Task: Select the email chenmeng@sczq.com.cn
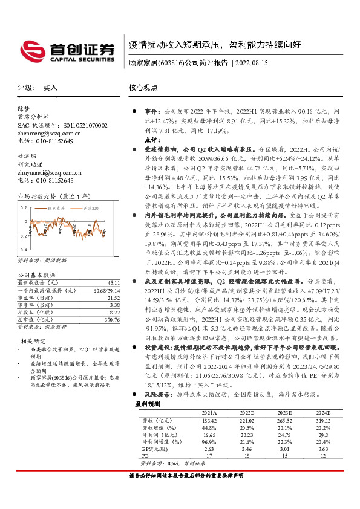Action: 46,133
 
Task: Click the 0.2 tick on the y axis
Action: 25,207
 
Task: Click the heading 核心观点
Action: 145,88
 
